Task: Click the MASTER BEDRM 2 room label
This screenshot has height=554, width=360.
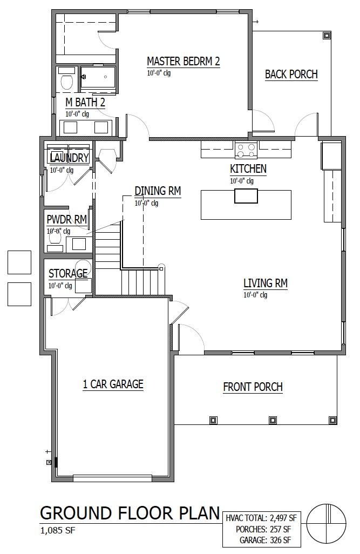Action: [183, 62]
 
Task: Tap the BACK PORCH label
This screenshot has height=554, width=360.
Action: [291, 75]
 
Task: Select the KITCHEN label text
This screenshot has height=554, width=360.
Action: [248, 169]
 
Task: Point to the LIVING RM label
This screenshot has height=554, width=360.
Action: [265, 283]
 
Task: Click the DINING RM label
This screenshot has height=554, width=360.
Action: [157, 191]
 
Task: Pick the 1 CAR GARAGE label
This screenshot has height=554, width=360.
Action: [113, 384]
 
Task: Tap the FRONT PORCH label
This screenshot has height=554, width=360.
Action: [253, 387]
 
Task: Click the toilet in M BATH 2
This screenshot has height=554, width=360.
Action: [67, 81]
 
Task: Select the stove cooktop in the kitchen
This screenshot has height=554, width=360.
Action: [246, 148]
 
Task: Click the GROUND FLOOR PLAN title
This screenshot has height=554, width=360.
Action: [130, 513]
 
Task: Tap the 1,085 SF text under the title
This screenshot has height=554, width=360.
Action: [57, 530]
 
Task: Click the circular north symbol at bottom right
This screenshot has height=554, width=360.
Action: [327, 523]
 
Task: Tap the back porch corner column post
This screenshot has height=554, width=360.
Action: [327, 36]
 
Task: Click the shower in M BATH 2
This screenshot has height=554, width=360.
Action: [98, 77]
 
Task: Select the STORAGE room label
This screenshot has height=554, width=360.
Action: [68, 273]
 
